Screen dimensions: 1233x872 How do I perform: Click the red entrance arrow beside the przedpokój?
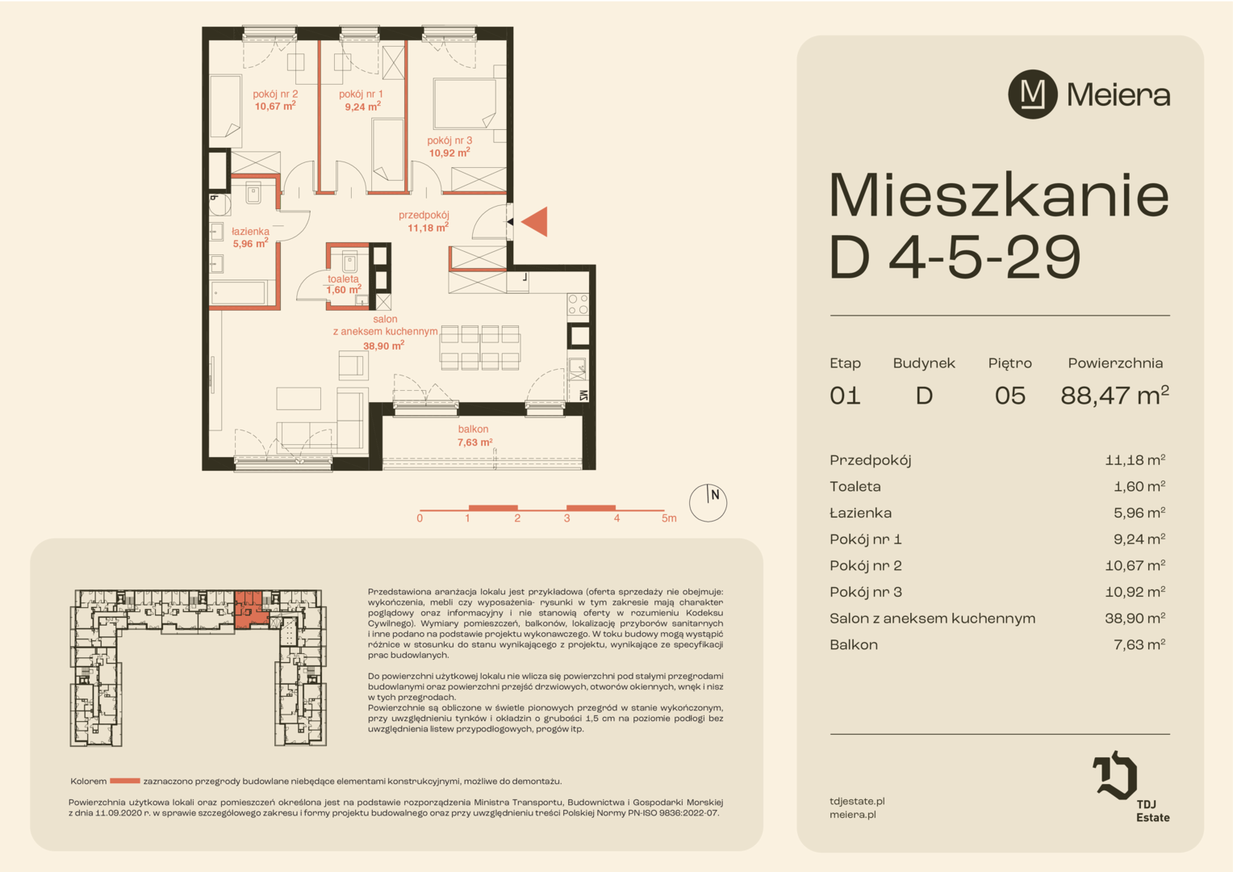tap(536, 222)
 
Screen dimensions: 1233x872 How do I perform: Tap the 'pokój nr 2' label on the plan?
tap(275, 94)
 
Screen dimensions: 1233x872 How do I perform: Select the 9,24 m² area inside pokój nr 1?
tap(363, 107)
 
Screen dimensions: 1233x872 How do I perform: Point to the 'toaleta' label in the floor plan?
tap(343, 279)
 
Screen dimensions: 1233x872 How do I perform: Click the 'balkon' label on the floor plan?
tap(473, 429)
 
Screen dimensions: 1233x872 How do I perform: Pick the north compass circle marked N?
tap(708, 503)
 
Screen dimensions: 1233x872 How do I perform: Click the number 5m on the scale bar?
tap(669, 518)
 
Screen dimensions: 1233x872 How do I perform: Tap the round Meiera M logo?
tap(1032, 94)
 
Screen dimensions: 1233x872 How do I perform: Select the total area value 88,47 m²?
tap(1114, 395)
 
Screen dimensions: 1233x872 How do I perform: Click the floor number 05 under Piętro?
tap(1009, 396)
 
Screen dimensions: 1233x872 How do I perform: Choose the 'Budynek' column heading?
tap(924, 363)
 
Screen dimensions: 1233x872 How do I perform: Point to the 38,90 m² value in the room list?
tap(1135, 618)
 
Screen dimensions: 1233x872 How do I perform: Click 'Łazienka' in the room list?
tap(860, 513)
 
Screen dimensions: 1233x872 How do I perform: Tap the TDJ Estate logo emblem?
tap(1114, 775)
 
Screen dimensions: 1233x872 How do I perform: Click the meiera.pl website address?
tap(853, 815)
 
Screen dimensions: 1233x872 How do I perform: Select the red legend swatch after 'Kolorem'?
tap(125, 781)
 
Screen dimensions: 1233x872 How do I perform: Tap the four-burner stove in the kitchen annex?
tap(578, 304)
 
